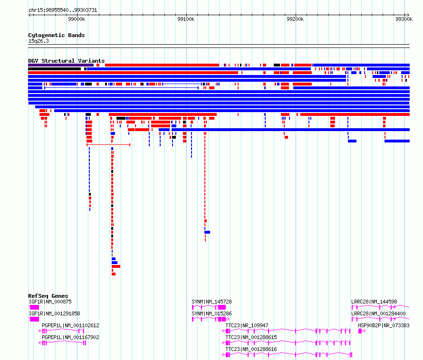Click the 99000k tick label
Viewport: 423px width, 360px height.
point(77,19)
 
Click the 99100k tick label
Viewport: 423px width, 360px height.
point(186,19)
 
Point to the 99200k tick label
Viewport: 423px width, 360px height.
point(295,19)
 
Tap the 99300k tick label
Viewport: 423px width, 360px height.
point(404,19)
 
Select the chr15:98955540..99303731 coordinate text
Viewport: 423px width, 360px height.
point(63,10)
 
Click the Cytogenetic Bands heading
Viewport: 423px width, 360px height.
point(57,35)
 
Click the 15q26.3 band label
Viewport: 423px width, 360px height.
point(38,41)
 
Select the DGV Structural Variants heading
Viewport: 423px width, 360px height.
point(67,61)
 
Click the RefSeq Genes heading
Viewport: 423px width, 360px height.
point(48,296)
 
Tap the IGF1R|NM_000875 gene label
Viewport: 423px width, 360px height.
point(50,302)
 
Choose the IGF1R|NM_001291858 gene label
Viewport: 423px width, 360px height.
point(55,313)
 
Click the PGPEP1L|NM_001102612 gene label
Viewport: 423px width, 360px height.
point(70,325)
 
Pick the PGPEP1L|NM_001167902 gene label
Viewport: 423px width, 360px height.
point(70,337)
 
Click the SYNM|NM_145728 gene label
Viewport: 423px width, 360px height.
point(212,302)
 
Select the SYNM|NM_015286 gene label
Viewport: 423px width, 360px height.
point(212,313)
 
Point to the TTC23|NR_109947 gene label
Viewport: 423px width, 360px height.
point(247,325)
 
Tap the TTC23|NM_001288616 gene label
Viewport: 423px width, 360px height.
point(251,349)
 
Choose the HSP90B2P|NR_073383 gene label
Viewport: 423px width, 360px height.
point(384,325)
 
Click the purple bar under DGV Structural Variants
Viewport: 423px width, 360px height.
point(61,65)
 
